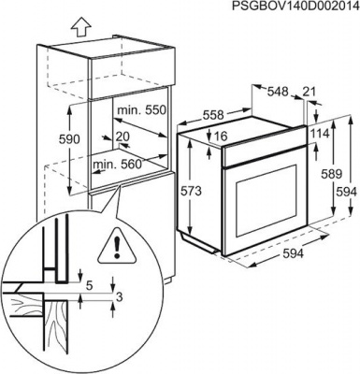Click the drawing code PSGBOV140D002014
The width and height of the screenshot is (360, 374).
pyautogui.click(x=295, y=7)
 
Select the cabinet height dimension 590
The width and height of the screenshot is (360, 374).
pyautogui.click(x=70, y=139)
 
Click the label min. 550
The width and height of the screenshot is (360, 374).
pyautogui.click(x=140, y=110)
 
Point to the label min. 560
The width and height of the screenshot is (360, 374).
pyautogui.click(x=118, y=164)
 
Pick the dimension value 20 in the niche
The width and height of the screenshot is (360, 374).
pyautogui.click(x=122, y=136)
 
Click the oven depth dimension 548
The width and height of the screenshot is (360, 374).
pyautogui.click(x=278, y=92)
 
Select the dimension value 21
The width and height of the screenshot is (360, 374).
pyautogui.click(x=310, y=92)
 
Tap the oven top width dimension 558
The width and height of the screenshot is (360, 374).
pyautogui.click(x=213, y=115)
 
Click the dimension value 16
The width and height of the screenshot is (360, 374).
pyautogui.click(x=221, y=136)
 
